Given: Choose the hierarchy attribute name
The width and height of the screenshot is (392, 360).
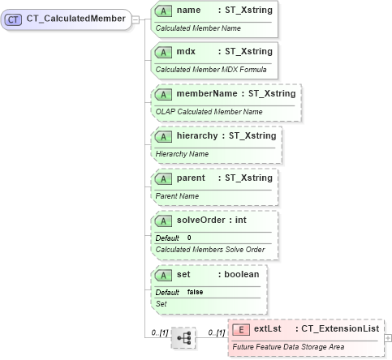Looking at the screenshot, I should [203, 135].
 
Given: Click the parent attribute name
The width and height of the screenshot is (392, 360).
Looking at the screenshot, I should [192, 177].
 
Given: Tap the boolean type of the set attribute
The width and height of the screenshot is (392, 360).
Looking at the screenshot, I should [241, 275].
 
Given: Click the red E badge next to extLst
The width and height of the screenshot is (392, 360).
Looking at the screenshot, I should [240, 330].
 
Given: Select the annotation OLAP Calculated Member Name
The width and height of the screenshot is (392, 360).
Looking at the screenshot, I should [209, 111].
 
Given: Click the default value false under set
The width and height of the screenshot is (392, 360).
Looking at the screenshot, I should [195, 291].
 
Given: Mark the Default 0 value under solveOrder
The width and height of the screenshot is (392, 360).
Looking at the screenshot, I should [189, 237].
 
